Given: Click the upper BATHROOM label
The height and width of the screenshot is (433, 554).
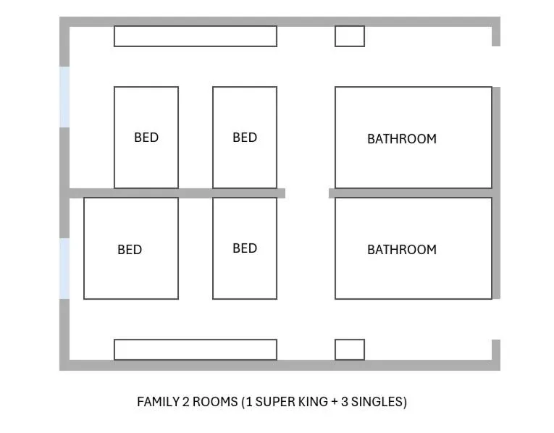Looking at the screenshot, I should (x=401, y=138).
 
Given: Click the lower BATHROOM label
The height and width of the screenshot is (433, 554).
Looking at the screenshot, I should (x=401, y=250).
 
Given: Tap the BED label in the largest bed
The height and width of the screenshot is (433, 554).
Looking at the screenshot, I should (x=130, y=250).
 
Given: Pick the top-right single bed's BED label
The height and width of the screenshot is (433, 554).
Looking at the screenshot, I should (x=245, y=138).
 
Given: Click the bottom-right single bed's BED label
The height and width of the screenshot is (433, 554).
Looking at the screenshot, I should (x=245, y=248).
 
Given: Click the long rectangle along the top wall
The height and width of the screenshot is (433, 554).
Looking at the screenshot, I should (x=196, y=36).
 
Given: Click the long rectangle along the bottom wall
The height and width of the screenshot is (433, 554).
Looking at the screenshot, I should (x=196, y=349).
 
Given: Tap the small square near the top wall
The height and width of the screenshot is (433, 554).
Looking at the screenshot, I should (x=349, y=36).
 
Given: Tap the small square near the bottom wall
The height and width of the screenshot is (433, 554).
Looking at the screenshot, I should (x=349, y=349).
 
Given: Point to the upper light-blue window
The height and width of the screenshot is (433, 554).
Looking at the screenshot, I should (x=64, y=97).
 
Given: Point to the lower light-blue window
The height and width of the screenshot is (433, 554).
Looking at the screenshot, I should (x=64, y=269).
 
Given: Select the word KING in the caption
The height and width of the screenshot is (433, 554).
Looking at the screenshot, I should (x=315, y=401).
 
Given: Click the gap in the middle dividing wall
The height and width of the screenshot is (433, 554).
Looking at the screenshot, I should (x=307, y=193).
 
